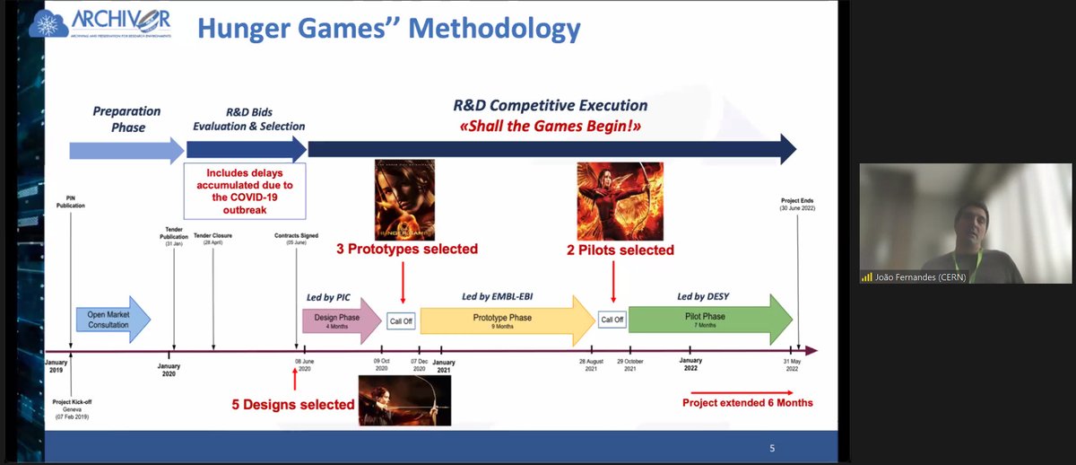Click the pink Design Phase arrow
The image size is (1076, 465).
(x=339, y=320)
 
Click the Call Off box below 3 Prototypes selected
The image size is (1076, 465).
(x=401, y=320)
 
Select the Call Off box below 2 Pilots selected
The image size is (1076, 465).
(x=612, y=320)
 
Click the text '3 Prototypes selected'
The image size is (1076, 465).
(x=407, y=249)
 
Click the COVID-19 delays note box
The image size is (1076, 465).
(x=244, y=190)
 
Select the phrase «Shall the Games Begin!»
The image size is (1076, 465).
(x=550, y=126)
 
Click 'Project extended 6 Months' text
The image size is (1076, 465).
(x=748, y=402)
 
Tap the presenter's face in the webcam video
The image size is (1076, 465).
(x=965, y=218)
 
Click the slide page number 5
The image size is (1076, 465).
(x=773, y=448)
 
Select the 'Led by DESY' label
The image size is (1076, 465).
(x=703, y=295)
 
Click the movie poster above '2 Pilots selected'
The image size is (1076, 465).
(x=620, y=201)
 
